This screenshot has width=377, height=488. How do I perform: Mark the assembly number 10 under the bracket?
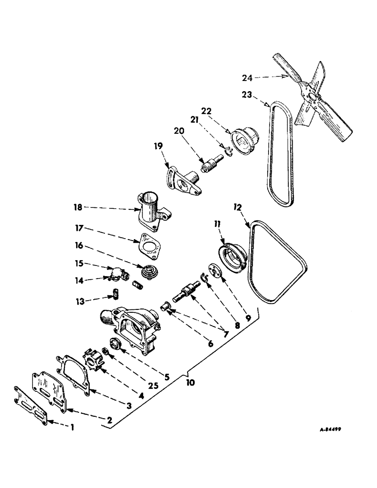(x=191, y=383)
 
